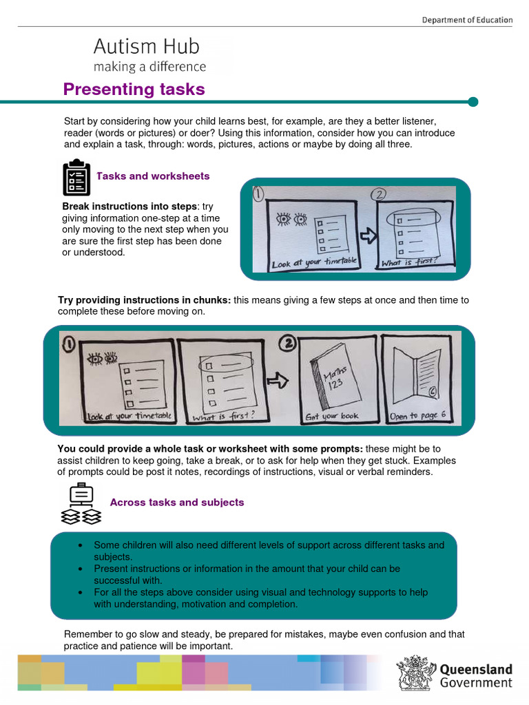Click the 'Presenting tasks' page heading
click(x=134, y=90)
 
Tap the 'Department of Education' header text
click(x=467, y=20)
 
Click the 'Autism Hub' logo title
click(x=146, y=47)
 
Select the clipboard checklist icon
click(x=76, y=178)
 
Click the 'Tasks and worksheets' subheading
click(x=153, y=176)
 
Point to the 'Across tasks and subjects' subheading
click(x=177, y=503)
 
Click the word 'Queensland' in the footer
click(x=476, y=669)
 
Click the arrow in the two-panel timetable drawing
click(x=368, y=235)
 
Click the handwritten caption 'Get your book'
click(x=333, y=417)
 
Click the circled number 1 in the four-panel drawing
click(x=69, y=343)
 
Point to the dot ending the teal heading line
click(x=473, y=102)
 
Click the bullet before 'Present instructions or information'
click(x=81, y=569)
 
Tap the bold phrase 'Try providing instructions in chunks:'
click(x=145, y=300)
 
